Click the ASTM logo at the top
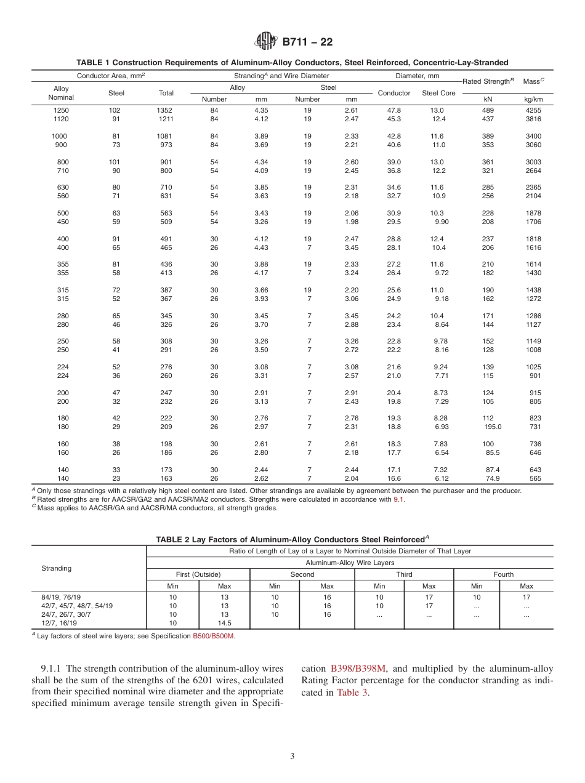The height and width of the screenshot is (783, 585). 266,42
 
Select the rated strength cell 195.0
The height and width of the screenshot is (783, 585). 493,426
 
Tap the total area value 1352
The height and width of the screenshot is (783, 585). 166,110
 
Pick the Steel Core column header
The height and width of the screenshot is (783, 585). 438,93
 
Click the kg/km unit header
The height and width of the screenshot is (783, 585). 533,99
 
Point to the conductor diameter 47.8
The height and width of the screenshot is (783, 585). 394,110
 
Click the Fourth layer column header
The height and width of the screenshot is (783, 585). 503,574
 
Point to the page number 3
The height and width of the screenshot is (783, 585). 292,756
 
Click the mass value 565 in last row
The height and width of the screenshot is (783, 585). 536,478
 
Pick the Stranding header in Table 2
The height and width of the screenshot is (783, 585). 57,568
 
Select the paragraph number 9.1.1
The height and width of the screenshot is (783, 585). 52,669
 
